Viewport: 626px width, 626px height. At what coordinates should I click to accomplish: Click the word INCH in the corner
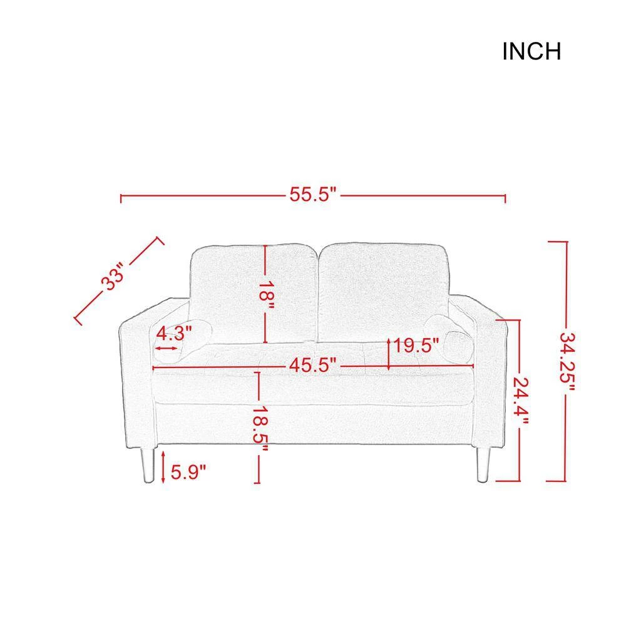pyautogui.click(x=531, y=51)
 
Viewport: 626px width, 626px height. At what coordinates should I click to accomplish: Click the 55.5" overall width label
pyautogui.click(x=313, y=195)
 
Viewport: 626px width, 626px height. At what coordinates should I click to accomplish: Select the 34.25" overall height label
pyautogui.click(x=567, y=361)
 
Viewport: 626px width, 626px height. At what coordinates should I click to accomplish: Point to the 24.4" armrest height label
pyautogui.click(x=521, y=401)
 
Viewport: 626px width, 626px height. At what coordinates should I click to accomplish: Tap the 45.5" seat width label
pyautogui.click(x=313, y=365)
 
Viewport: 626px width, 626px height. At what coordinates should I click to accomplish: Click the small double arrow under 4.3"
pyautogui.click(x=166, y=348)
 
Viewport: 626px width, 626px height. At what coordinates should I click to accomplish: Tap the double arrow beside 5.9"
pyautogui.click(x=163, y=466)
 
